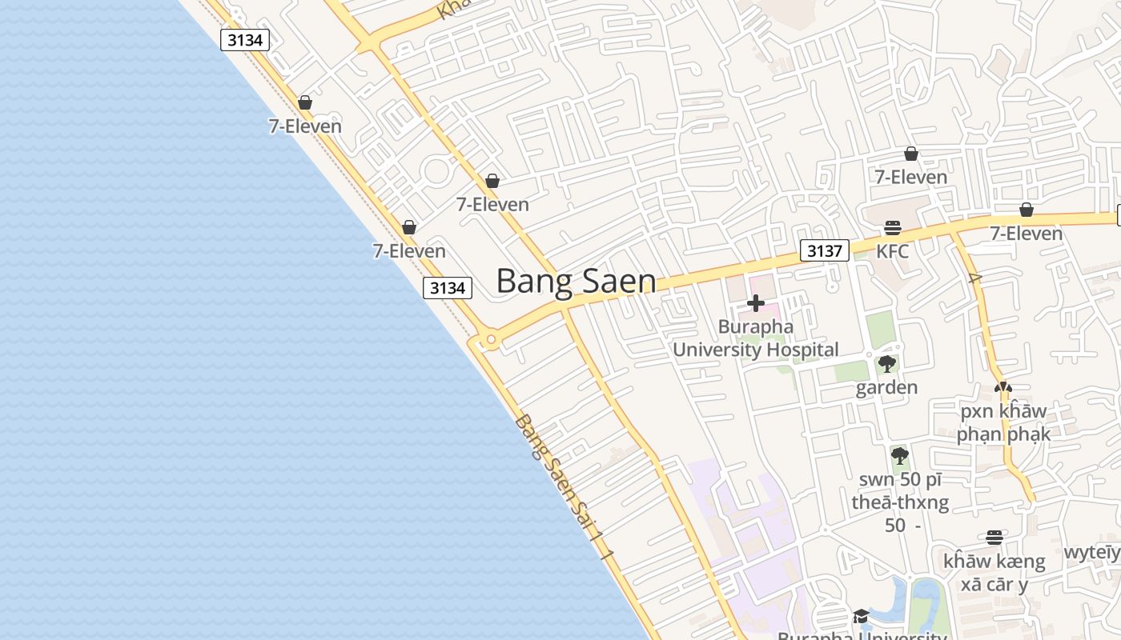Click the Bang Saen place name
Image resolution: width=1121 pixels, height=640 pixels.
point(576,281)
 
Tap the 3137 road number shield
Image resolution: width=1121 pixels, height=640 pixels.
point(824,251)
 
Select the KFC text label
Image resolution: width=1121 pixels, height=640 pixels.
point(892,251)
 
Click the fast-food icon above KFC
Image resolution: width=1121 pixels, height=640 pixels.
point(892,228)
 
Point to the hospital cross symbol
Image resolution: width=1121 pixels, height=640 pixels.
point(755,303)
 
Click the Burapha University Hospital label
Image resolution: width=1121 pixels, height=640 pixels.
point(755,338)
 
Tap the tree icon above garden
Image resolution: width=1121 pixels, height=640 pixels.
point(886,365)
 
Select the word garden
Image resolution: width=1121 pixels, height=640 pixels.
point(886,388)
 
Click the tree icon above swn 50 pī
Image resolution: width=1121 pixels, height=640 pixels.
point(899,456)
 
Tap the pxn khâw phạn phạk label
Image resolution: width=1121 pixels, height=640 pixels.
point(1002,422)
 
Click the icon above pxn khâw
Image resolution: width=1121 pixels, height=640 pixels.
point(1002,387)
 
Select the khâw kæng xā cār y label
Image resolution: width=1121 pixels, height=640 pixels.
point(994,572)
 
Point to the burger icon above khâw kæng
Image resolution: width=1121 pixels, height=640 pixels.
point(994,537)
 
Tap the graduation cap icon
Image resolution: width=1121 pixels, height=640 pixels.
point(861,616)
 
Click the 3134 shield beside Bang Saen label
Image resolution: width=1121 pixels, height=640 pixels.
point(447,288)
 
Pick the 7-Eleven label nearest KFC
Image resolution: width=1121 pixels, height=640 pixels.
point(910,177)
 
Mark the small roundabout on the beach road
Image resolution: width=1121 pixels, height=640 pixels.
point(491,341)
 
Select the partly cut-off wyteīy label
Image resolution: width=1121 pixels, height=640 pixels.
point(1091,553)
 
